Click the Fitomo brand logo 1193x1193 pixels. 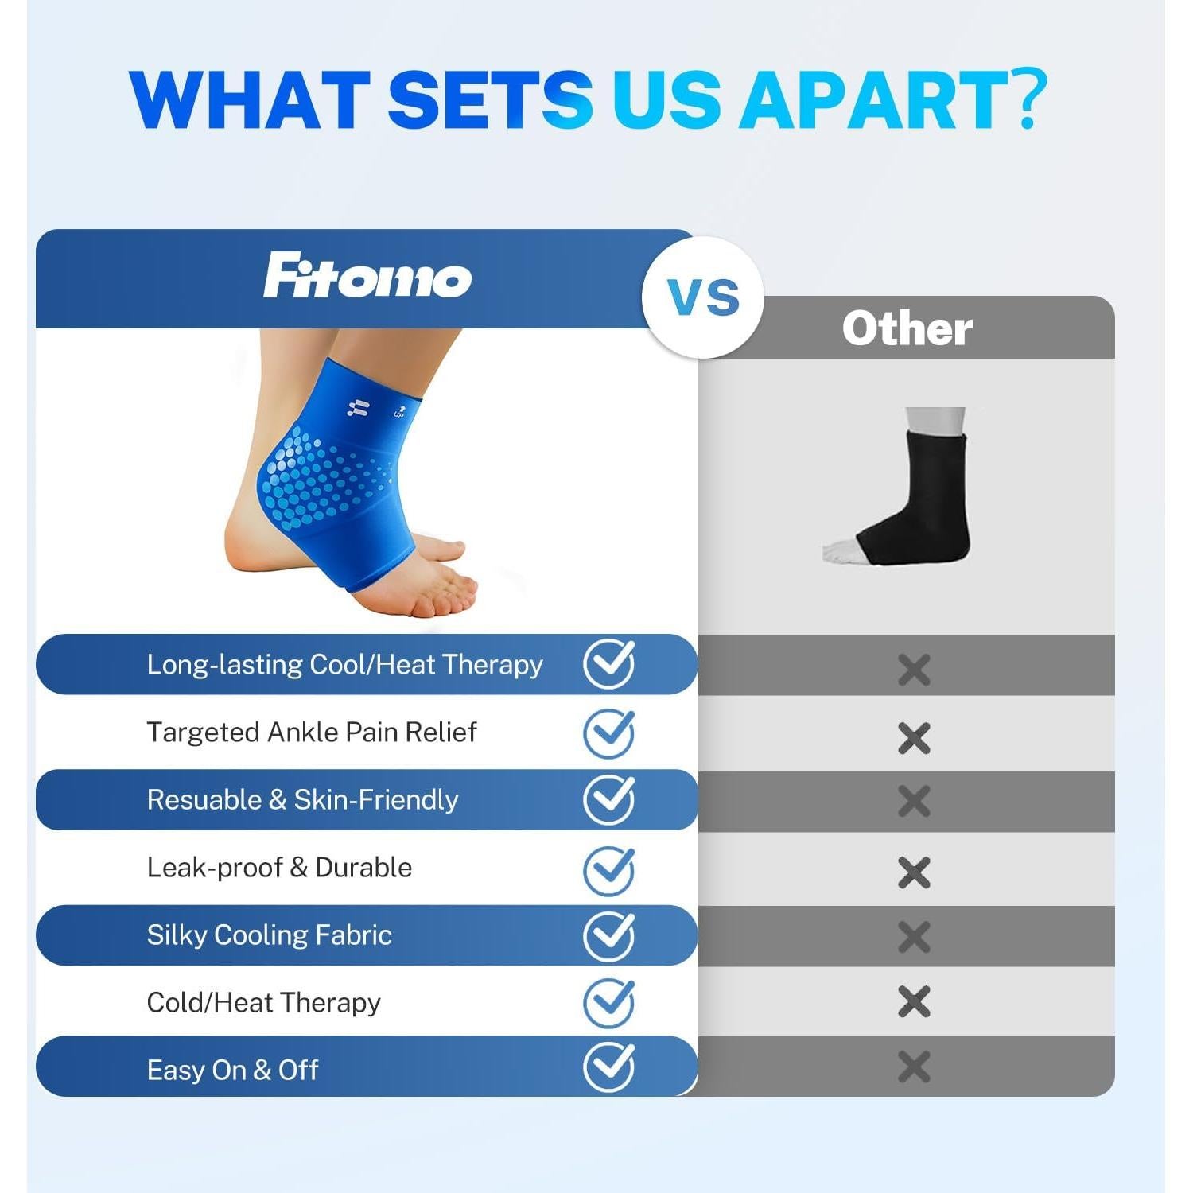[367, 275]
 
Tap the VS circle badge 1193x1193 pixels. [703, 297]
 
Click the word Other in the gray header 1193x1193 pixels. [907, 328]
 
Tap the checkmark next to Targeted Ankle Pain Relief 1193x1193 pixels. [609, 733]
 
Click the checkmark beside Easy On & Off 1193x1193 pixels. [609, 1067]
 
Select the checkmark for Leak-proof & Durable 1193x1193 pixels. [609, 870]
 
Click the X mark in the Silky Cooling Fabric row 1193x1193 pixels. [914, 937]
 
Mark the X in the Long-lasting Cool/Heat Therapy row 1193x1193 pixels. [914, 670]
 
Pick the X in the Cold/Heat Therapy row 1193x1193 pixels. [914, 1002]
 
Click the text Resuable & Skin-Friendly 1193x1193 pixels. [303, 800]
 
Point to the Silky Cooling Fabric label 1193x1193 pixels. [270, 935]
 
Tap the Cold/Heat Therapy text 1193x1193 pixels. [264, 1003]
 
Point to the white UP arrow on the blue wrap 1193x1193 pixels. [399, 410]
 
